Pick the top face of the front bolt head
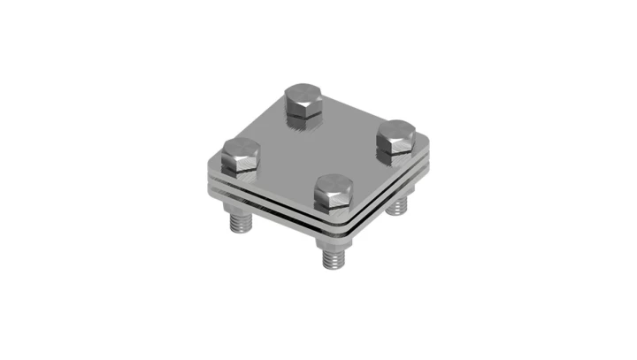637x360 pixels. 334,184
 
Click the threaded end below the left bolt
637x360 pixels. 242,223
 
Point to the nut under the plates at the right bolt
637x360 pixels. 399,196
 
